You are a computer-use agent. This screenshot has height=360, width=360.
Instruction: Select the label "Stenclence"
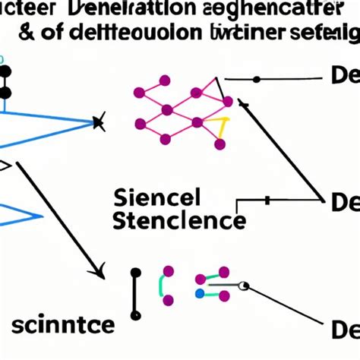[178, 221]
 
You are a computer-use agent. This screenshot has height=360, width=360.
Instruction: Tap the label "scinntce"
[63, 325]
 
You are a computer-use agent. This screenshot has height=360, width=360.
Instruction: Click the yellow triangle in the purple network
[222, 129]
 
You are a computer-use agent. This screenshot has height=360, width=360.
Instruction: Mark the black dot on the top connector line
[256, 79]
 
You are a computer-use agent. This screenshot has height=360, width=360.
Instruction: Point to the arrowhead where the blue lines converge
[98, 121]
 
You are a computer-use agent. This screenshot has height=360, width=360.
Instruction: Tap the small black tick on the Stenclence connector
[267, 201]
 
